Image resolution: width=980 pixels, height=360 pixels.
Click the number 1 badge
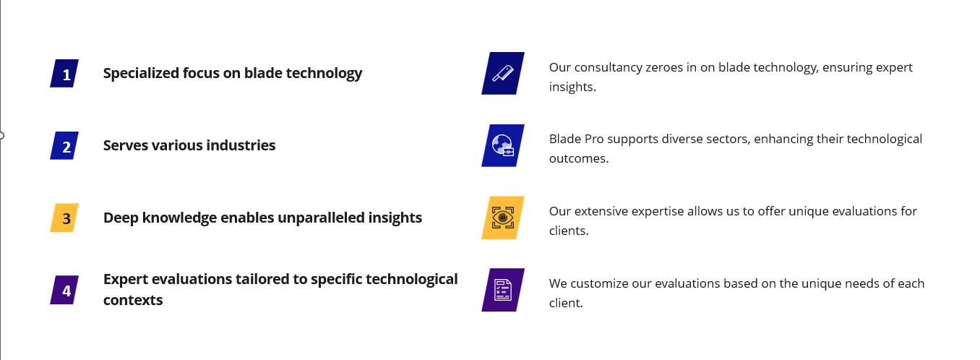[64, 74]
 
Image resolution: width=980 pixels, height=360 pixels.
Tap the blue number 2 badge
[64, 145]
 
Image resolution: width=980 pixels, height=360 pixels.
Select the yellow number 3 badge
[64, 218]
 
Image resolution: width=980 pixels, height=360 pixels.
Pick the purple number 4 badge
[64, 290]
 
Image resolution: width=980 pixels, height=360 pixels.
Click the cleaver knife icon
[503, 74]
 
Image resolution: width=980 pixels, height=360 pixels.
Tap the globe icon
[503, 145]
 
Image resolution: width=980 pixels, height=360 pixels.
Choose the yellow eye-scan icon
[503, 218]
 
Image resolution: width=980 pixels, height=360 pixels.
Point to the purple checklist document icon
[503, 290]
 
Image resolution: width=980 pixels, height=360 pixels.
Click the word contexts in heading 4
[133, 301]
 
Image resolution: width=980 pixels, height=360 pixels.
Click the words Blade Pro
[576, 139]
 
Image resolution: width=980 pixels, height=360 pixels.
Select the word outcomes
[579, 159]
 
